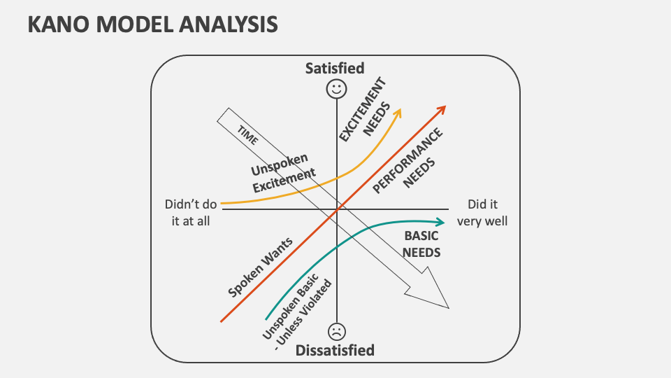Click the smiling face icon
336,89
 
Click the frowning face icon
336,330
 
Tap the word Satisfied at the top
335,68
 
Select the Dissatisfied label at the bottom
335,350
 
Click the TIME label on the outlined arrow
247,135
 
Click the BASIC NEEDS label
422,244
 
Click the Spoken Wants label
260,267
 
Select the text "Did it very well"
482,212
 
